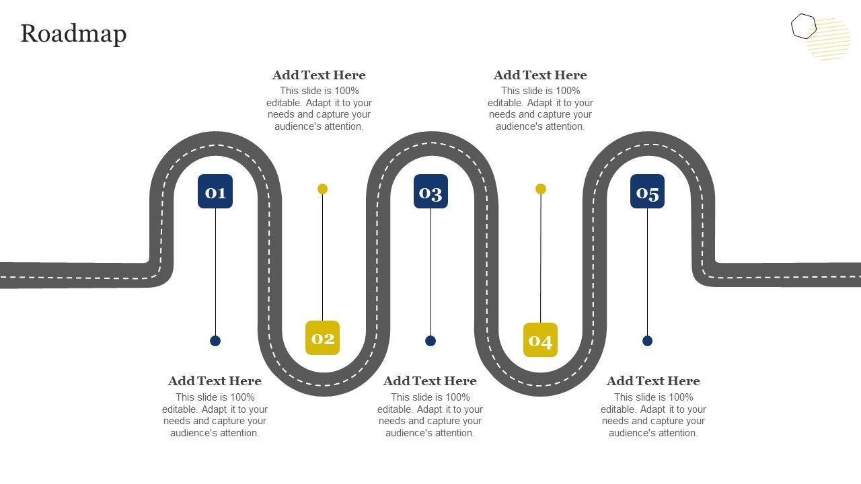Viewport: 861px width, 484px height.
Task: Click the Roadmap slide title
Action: tap(73, 34)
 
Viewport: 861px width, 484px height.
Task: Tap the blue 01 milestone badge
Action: tap(215, 192)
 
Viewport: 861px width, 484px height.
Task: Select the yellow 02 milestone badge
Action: tap(322, 337)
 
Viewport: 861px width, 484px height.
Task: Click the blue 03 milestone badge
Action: tap(430, 192)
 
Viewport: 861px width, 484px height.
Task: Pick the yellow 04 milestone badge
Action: tap(540, 340)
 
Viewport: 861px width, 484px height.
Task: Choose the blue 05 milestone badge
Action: tap(647, 192)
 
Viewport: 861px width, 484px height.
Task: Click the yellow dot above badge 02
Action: tap(322, 189)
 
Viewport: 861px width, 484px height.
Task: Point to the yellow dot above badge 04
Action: tap(541, 189)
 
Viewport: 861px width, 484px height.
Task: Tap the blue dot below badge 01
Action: tap(215, 341)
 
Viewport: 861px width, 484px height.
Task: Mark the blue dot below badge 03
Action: tap(430, 341)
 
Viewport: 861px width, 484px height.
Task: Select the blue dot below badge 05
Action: tap(647, 341)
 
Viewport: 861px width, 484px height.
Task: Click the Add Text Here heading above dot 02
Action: tap(319, 75)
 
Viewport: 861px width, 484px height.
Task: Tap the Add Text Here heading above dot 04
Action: tap(540, 75)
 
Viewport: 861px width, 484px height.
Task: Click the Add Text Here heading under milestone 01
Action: tap(215, 381)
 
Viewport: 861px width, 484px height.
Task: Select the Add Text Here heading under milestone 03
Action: tap(430, 381)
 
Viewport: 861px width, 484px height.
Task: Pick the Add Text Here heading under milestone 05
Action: tap(653, 381)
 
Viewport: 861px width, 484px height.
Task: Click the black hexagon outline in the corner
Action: tap(803, 26)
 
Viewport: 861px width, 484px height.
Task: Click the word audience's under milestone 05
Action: tap(633, 433)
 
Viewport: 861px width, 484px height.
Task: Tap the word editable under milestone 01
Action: tap(181, 409)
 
